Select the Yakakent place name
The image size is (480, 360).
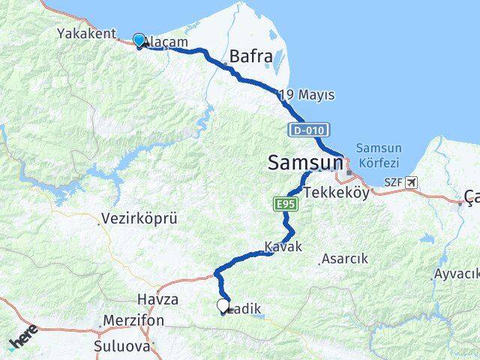pos(86,33)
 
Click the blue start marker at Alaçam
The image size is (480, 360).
pos(139,40)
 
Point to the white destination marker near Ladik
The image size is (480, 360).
pos(223,305)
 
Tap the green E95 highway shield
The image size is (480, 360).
pos(285,204)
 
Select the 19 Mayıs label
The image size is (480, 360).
pos(306,95)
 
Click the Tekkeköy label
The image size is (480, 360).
pos(337,192)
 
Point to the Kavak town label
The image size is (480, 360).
pos(283,247)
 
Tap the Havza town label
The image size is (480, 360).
pos(157,299)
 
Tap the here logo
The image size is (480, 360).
pos(23,339)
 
